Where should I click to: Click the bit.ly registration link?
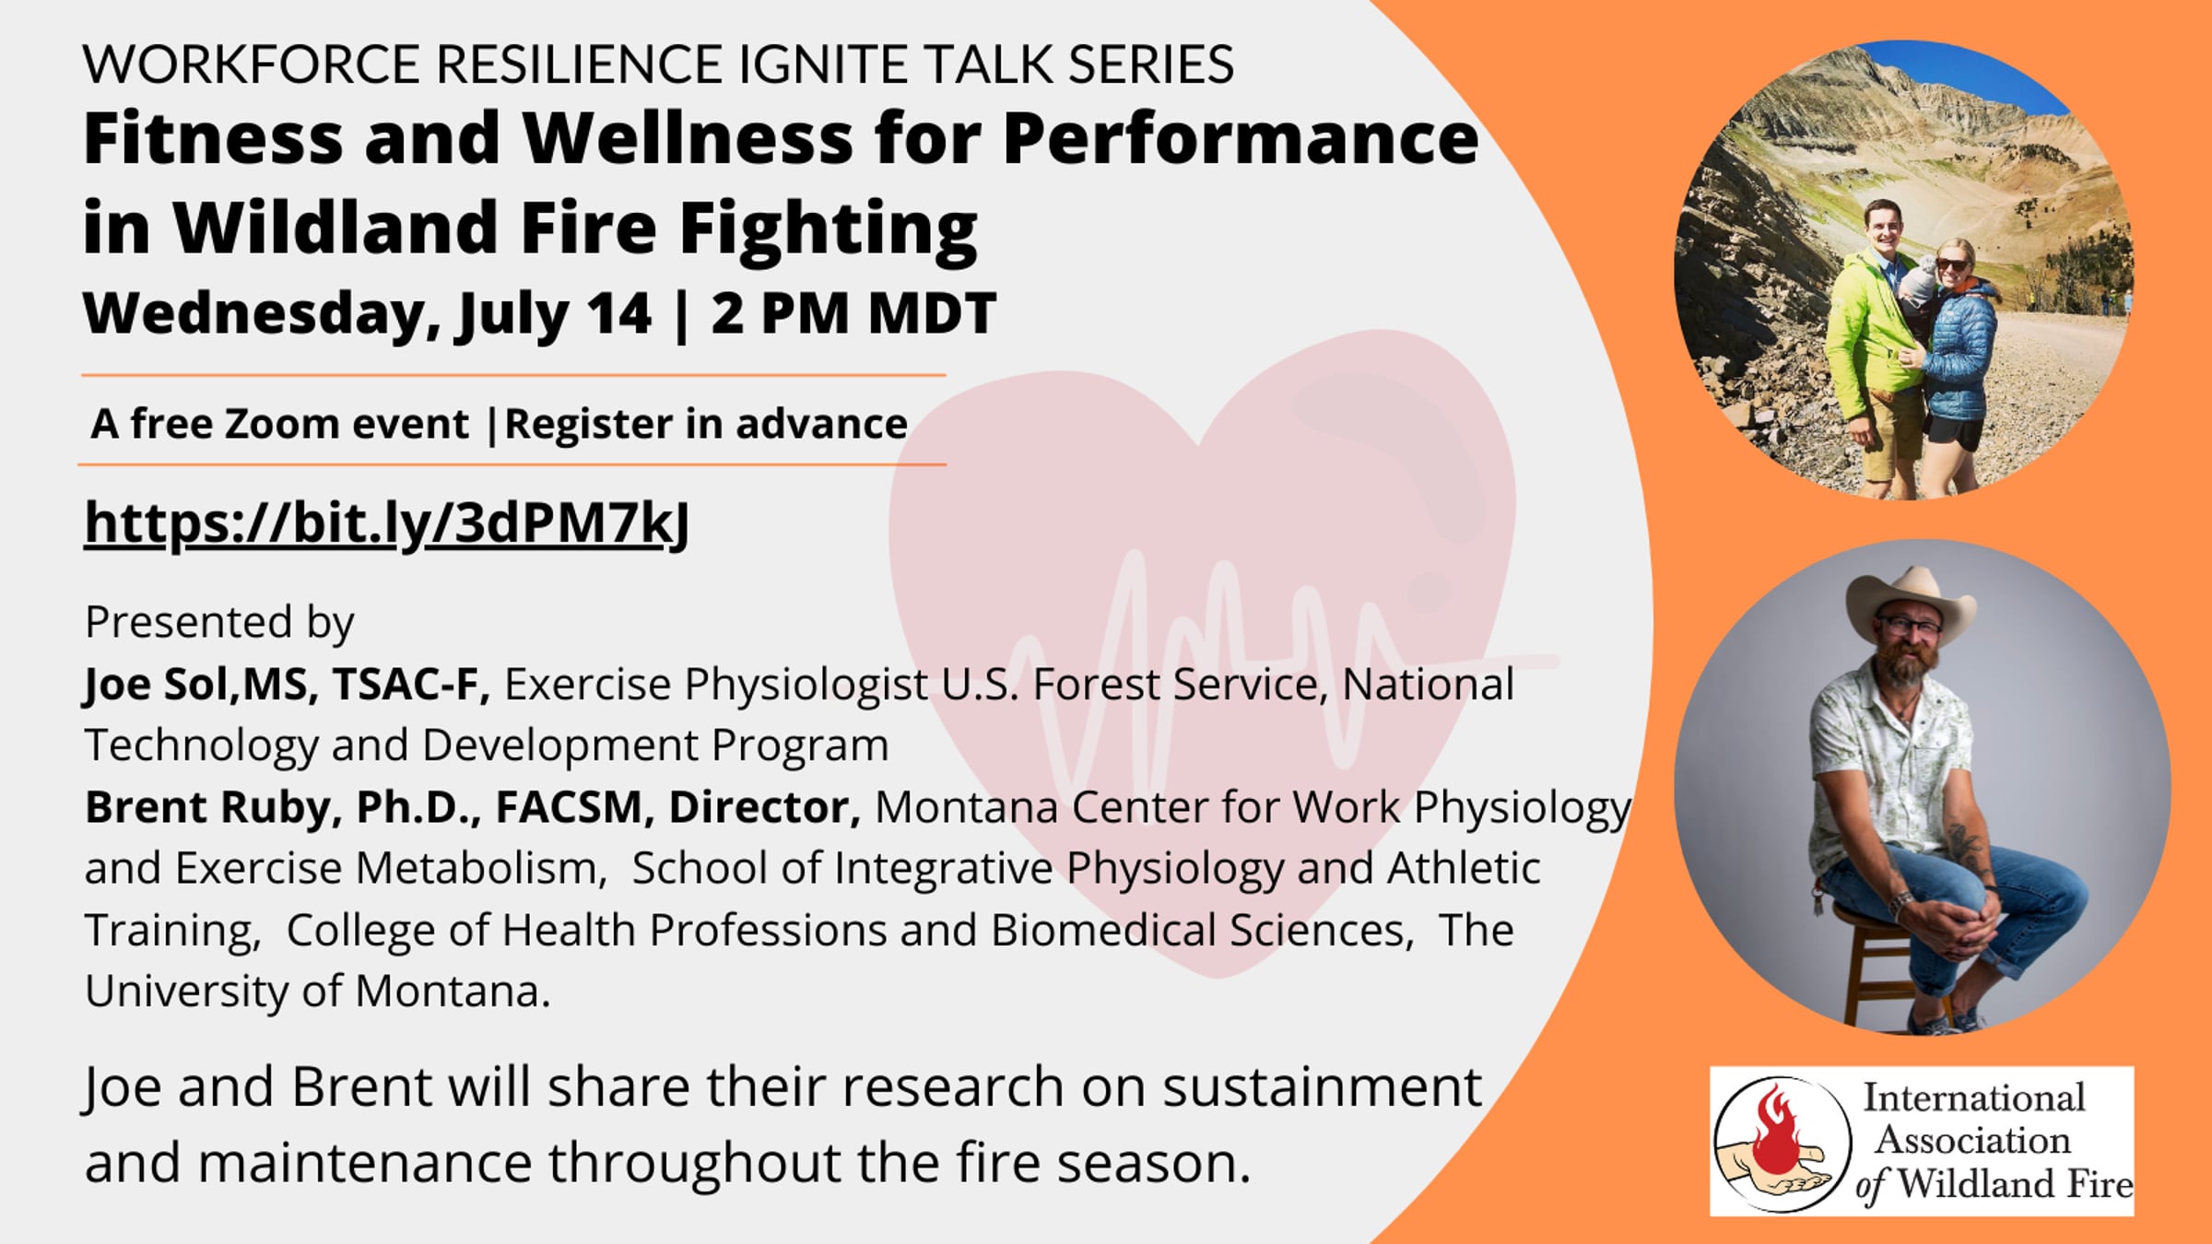click(387, 523)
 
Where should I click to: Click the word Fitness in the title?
click(213, 138)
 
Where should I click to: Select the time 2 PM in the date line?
click(780, 313)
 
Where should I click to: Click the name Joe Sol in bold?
click(155, 685)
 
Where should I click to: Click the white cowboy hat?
click(1912, 604)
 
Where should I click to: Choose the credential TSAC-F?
click(410, 685)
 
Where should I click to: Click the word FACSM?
click(569, 808)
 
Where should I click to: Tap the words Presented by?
click(219, 623)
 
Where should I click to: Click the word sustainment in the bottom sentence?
click(1322, 1087)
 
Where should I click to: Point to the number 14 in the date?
click(618, 313)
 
